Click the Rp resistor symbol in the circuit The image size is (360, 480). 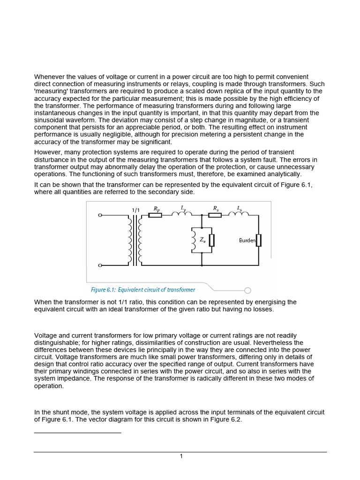[x=155, y=215]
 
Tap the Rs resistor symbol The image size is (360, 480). [x=215, y=215]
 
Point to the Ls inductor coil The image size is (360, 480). [x=239, y=215]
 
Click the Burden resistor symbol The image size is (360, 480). [x=258, y=240]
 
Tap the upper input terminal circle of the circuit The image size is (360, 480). [x=100, y=215]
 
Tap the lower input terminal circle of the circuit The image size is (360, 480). [x=100, y=266]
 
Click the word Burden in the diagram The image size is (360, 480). [x=247, y=240]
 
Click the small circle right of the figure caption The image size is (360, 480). [x=247, y=290]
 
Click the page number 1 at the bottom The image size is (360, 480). [x=181, y=457]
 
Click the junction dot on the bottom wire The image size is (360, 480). [x=202, y=266]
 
